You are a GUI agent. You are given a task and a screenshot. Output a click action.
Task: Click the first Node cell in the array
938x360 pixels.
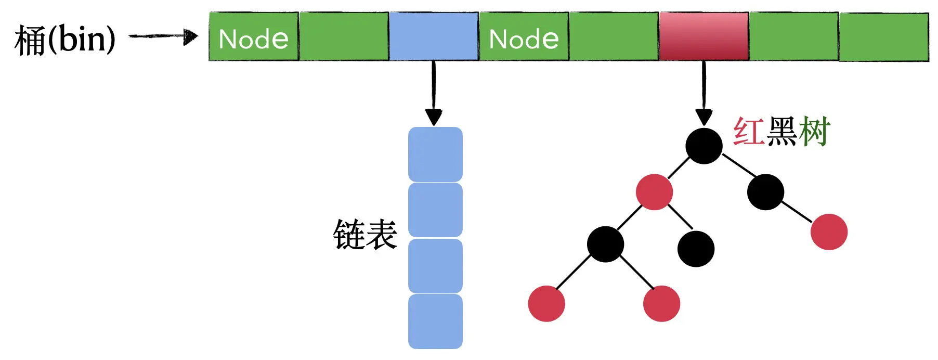click(254, 37)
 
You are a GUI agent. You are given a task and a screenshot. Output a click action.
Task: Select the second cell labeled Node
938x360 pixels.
click(524, 37)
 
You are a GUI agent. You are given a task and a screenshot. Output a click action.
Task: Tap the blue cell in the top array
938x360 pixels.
click(434, 36)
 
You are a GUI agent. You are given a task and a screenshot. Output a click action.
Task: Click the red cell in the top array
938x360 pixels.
click(703, 36)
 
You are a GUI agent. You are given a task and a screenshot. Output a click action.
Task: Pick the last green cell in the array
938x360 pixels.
click(883, 37)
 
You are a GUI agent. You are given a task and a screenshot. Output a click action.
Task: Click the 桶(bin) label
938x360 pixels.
click(65, 39)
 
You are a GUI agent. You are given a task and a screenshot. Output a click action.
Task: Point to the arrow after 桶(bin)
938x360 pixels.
click(164, 36)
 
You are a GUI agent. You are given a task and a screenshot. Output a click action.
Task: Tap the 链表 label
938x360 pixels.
click(365, 235)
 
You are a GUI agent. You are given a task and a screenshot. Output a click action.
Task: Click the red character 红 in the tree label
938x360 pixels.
click(748, 131)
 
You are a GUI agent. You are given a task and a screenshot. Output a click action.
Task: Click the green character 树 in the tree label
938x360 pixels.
click(814, 131)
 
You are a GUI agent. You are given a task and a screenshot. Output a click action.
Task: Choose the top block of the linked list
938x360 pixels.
click(435, 155)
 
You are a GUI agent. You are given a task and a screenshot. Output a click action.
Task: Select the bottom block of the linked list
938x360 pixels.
click(435, 322)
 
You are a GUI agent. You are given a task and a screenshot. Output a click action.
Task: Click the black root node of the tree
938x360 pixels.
click(703, 146)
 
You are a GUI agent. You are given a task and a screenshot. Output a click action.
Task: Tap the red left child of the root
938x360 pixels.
click(654, 192)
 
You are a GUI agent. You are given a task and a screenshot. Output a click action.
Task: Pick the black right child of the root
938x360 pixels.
click(765, 192)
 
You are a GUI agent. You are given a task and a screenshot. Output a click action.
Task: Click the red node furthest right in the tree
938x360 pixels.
click(829, 232)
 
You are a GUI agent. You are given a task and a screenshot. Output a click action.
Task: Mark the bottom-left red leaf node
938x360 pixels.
click(546, 303)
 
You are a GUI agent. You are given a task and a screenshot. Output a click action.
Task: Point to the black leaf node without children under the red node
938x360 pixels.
click(696, 249)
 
